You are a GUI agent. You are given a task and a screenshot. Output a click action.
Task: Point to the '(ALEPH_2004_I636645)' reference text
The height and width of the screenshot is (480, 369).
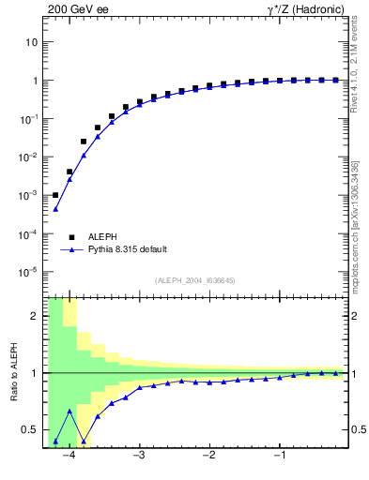[x=194, y=280]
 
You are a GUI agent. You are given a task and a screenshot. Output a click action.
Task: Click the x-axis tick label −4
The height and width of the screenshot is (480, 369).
[x=68, y=457]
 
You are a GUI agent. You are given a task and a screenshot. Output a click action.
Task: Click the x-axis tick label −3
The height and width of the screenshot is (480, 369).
[x=138, y=457]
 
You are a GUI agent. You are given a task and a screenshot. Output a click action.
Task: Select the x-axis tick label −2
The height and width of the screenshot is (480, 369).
[x=208, y=457]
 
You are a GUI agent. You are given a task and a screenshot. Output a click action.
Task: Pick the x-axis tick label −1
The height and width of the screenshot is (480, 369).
[x=278, y=457]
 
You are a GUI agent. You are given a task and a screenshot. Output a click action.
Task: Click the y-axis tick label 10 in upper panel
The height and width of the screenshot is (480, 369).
[x=31, y=42]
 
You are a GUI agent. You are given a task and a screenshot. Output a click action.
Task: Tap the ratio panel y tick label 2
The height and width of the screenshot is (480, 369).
[x=34, y=316]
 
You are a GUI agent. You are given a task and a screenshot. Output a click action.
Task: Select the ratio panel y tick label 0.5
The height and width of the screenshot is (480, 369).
[x=30, y=430]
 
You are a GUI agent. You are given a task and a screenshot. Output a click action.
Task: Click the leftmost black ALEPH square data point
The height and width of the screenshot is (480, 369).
[x=55, y=195]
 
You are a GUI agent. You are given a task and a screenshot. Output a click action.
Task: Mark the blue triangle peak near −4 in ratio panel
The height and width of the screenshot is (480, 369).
[x=69, y=411]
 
